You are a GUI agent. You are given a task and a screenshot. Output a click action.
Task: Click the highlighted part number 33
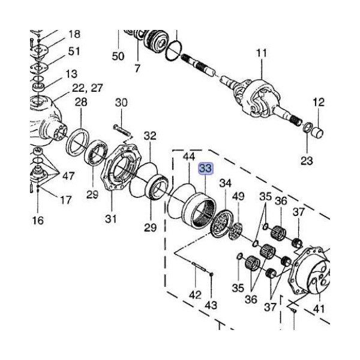[205, 169]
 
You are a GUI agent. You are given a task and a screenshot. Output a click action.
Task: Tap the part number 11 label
[261, 54]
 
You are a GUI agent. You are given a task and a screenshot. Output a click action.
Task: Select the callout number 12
[318, 102]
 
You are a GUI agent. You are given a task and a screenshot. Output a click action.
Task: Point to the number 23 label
[307, 160]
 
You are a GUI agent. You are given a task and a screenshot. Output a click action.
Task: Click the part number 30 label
[121, 103]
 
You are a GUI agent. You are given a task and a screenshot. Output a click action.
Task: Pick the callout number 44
[189, 157]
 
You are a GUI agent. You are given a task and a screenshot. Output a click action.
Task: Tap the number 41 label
[319, 308]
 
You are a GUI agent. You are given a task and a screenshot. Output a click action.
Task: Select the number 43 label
[211, 305]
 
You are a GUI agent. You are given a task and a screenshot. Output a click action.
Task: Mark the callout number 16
[38, 221]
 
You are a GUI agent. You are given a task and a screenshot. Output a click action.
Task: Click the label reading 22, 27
[88, 88]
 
